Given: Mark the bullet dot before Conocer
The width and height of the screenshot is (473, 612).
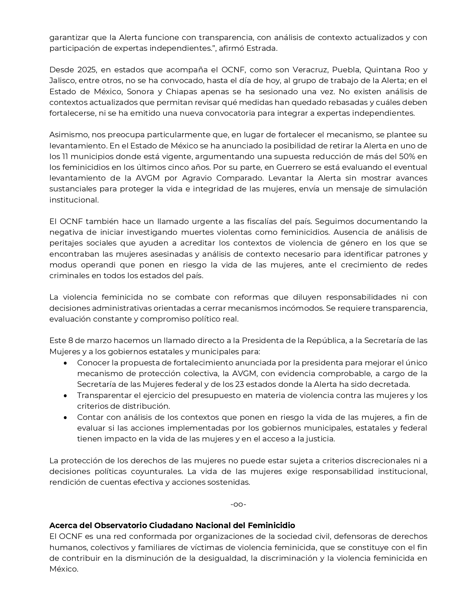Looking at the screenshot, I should (x=66, y=363).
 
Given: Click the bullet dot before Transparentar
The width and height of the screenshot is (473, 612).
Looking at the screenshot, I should (x=66, y=395).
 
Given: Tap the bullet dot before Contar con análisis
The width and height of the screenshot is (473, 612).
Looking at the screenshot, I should (x=66, y=417).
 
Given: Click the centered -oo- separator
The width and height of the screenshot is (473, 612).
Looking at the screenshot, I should (x=238, y=504).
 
